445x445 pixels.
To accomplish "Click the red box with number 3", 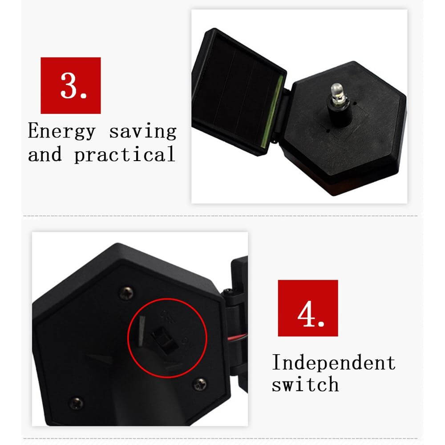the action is pos(71,85).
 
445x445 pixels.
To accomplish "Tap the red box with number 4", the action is pos(308,308).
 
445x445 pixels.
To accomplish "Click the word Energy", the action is pos(61,131).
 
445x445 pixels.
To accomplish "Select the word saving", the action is pos(143,131).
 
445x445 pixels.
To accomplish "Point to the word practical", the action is pos(125,154).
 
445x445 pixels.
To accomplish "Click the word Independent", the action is pos(334,362).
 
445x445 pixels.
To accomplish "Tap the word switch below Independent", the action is pos(305,384).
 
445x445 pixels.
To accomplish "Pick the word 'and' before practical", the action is pos(45,154).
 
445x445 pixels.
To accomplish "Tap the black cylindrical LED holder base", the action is pos(340,113).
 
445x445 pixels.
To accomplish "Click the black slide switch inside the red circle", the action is pos(164,339).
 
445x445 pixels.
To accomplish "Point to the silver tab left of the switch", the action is pos(141,331).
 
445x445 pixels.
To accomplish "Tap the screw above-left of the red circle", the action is pos(126,293).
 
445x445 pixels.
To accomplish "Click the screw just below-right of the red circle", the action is pos(200,384).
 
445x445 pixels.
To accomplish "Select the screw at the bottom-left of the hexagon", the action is pos(77,403).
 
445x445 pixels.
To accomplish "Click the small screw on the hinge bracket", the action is pos(227,292).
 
